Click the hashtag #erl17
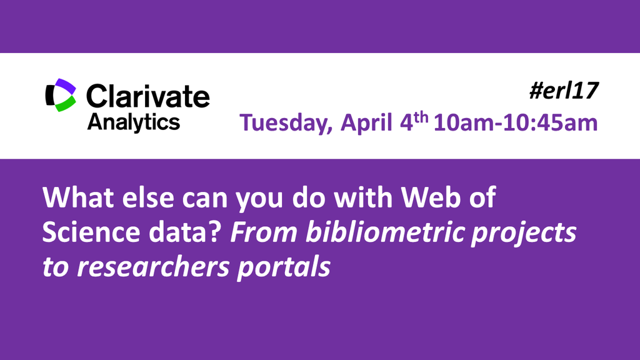[x=564, y=91]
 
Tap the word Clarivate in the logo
[x=147, y=96]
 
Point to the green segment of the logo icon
[x=66, y=104]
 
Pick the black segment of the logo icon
[x=50, y=95]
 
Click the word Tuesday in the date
[x=286, y=123]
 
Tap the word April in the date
[x=366, y=123]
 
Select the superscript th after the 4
[x=421, y=118]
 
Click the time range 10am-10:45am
[x=516, y=123]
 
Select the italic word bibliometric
[x=385, y=232]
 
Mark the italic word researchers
[x=153, y=266]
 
